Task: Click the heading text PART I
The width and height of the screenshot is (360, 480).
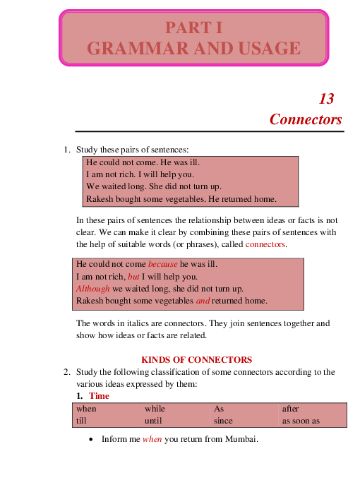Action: click(x=193, y=28)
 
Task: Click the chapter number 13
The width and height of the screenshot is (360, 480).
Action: click(x=326, y=99)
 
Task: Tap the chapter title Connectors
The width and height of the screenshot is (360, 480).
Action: click(x=306, y=119)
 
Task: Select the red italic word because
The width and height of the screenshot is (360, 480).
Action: click(x=163, y=264)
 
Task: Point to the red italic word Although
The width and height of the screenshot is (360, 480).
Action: click(x=92, y=289)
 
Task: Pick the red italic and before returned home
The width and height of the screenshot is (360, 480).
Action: click(x=203, y=301)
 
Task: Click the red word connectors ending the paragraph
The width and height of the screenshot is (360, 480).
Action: click(x=265, y=244)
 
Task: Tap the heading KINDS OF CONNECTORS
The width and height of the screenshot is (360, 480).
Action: click(x=197, y=359)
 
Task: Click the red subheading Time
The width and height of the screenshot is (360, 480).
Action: click(x=99, y=396)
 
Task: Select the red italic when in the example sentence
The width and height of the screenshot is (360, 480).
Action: click(x=152, y=439)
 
